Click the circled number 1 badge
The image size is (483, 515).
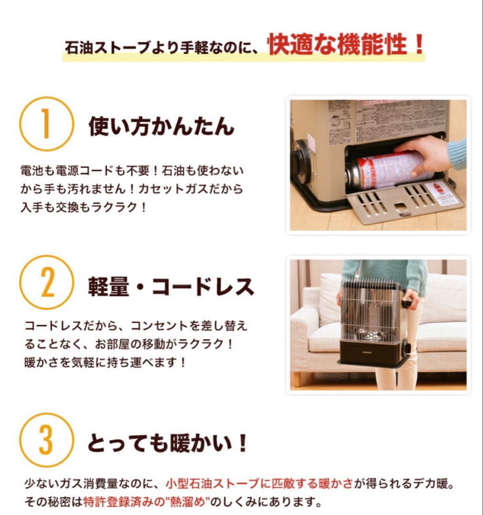tap(46, 124)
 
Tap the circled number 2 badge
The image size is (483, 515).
tap(46, 282)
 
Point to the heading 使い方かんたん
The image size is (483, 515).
tap(161, 126)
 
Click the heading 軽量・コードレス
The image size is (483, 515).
tap(171, 286)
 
